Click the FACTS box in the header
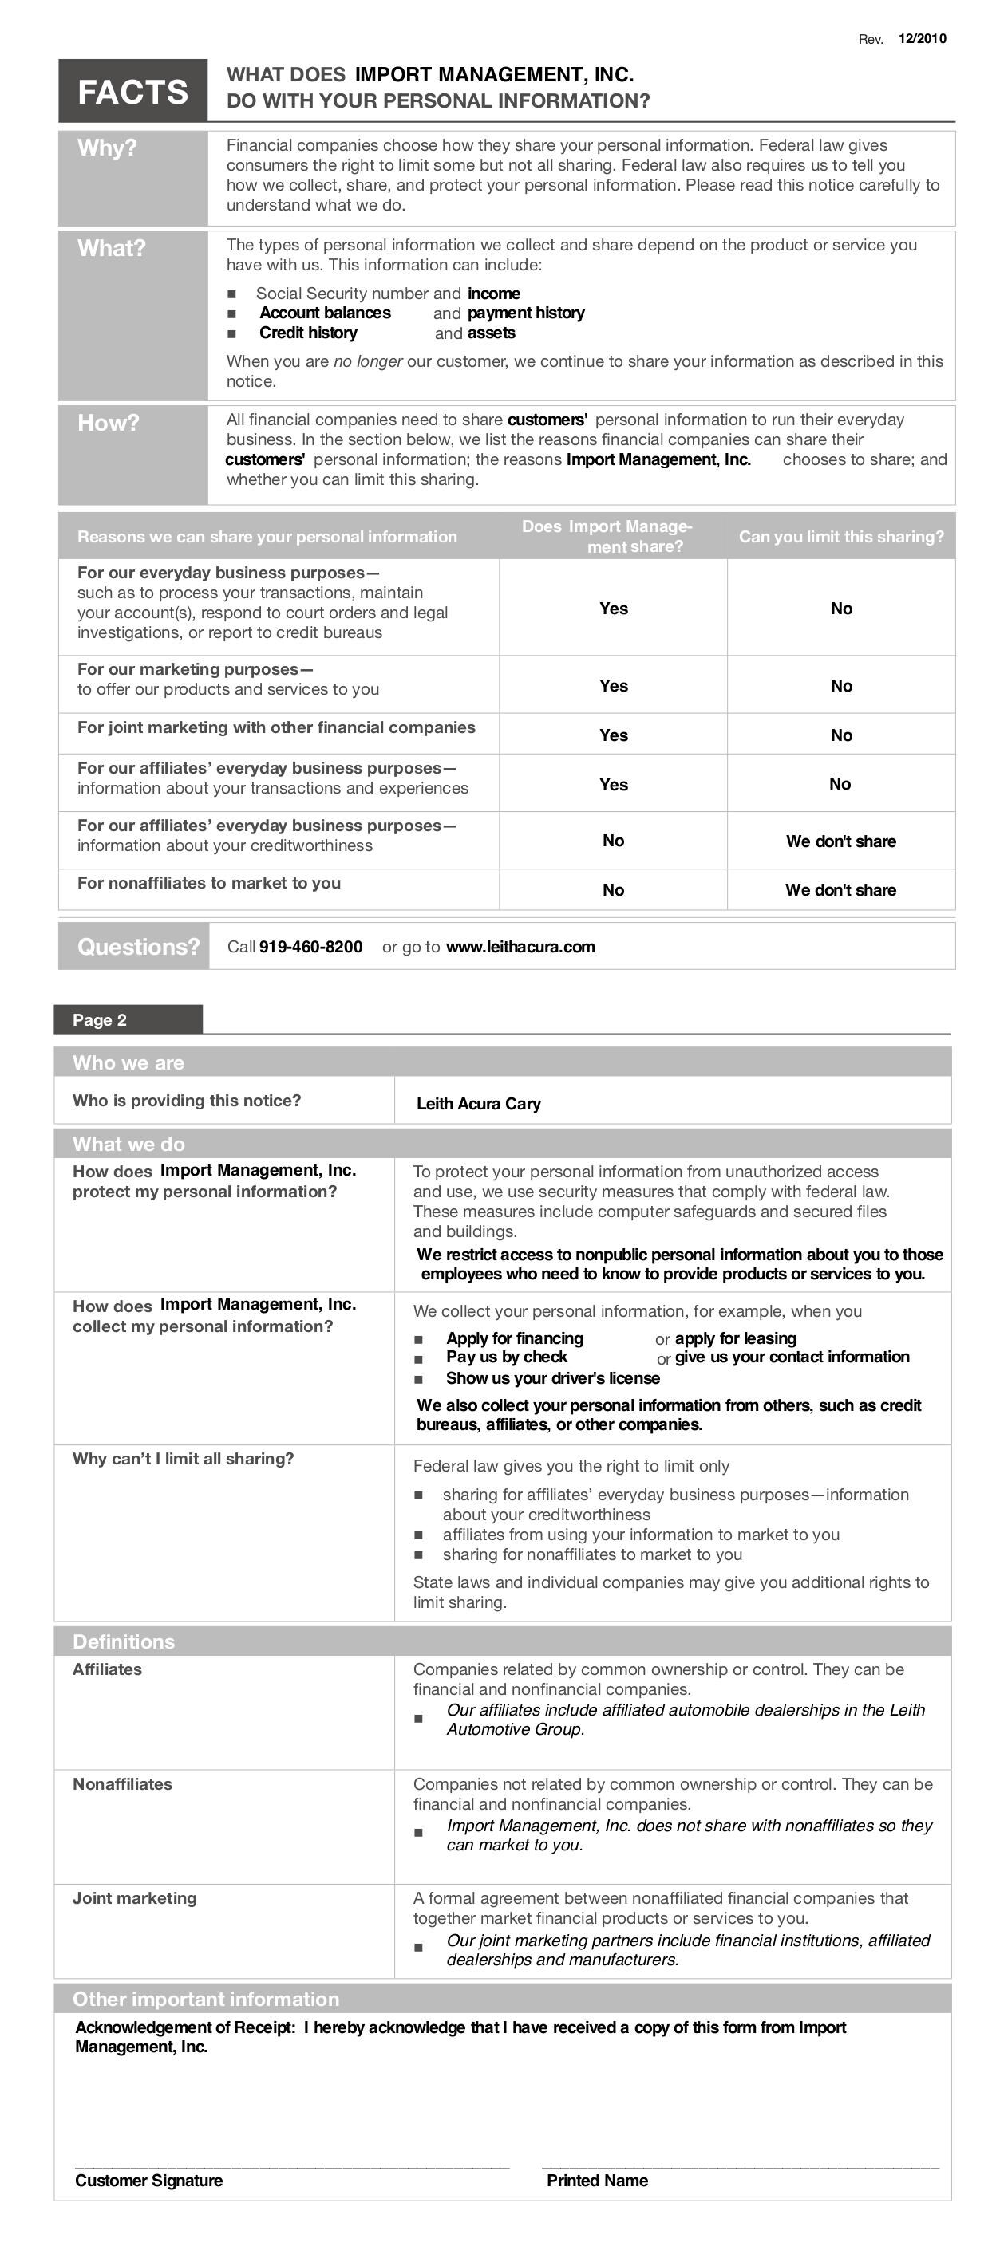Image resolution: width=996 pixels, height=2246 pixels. [x=132, y=91]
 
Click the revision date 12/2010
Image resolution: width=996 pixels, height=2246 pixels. [x=922, y=38]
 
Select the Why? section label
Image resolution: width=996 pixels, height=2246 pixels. [x=107, y=148]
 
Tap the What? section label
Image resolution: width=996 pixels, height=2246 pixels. [x=112, y=249]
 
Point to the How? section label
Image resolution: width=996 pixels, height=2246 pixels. [x=109, y=423]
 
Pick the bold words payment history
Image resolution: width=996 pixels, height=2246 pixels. [x=526, y=313]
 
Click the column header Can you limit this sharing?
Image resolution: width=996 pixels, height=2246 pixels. [x=840, y=536]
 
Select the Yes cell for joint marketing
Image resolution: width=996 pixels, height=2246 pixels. [x=613, y=735]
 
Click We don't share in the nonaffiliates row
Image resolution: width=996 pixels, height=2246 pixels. [x=840, y=889]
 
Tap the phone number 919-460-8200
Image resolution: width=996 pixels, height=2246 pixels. [x=310, y=947]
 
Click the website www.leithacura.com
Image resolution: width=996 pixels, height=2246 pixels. [x=520, y=947]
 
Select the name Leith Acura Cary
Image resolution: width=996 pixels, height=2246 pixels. [x=479, y=1104]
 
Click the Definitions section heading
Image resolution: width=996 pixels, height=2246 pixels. [x=124, y=1641]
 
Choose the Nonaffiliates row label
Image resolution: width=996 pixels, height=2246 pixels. [x=122, y=1784]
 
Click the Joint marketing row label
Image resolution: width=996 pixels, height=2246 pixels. [x=134, y=1898]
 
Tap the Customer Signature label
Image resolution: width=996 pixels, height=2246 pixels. [x=148, y=2180]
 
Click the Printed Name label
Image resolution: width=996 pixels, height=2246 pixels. [x=598, y=2180]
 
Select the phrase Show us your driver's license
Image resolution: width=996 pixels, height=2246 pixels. [x=553, y=1377]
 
